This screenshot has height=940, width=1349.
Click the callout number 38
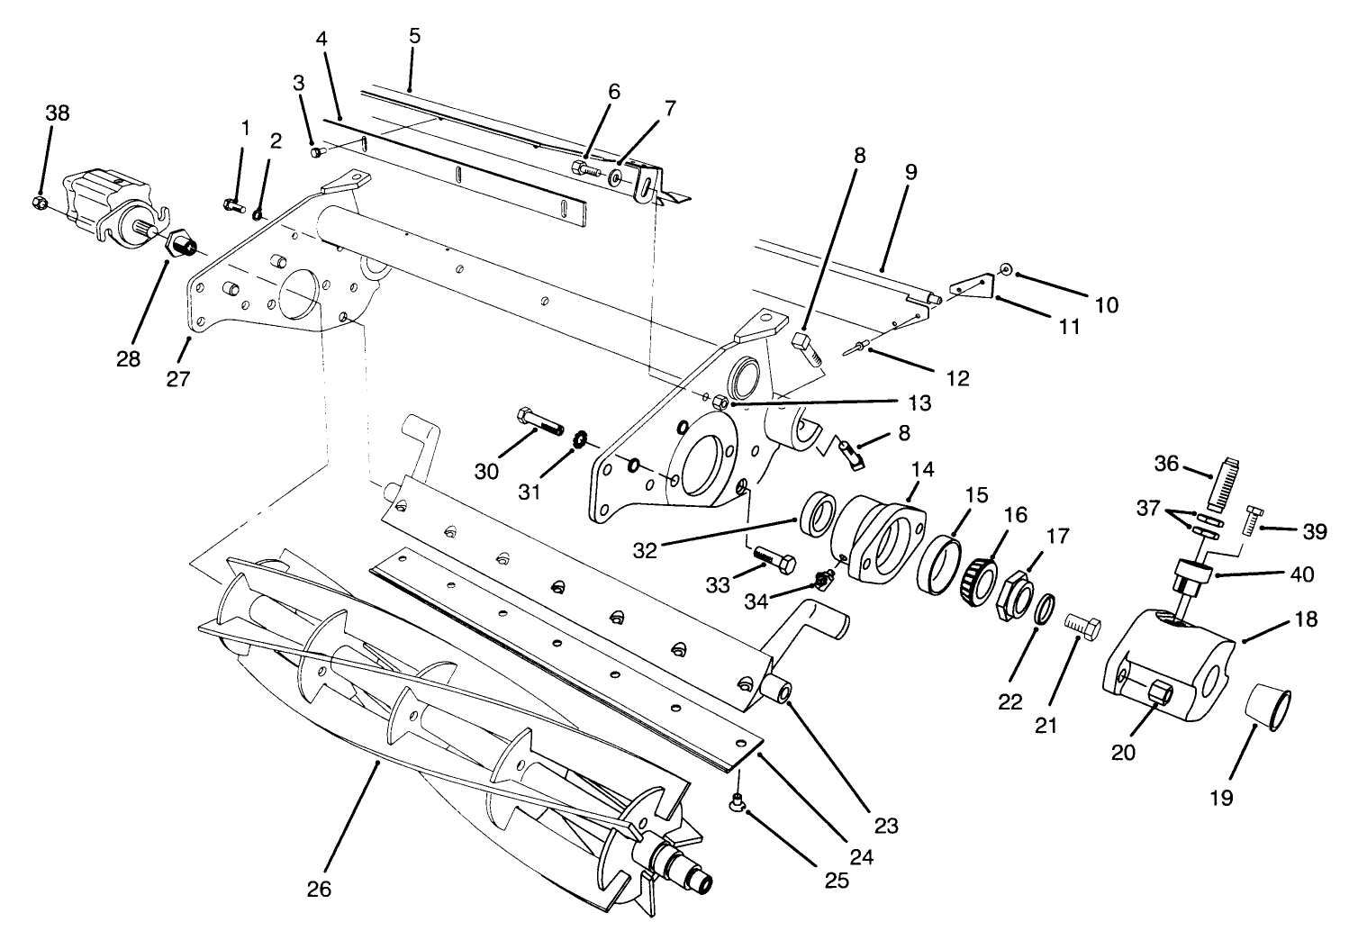pyautogui.click(x=57, y=113)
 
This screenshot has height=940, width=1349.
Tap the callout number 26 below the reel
pyautogui.click(x=319, y=889)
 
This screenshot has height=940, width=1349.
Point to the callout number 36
pyautogui.click(x=1166, y=463)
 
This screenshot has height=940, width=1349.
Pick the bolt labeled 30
pyautogui.click(x=539, y=420)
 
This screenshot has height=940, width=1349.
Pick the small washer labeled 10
pyautogui.click(x=1006, y=268)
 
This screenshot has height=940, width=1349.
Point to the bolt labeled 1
pyautogui.click(x=232, y=206)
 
